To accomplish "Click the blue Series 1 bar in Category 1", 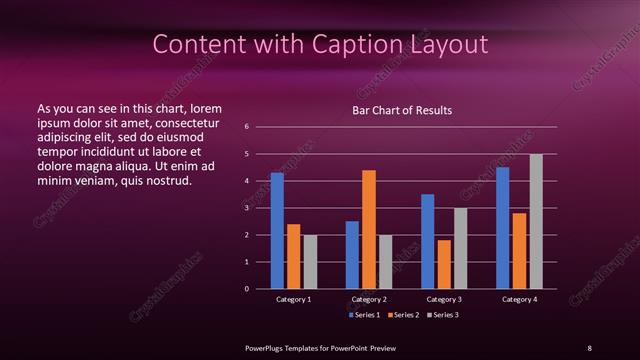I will (x=277, y=231).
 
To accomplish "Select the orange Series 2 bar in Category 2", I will (x=369, y=229).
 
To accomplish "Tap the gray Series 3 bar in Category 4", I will (x=536, y=221).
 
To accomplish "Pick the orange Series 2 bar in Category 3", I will (x=444, y=264).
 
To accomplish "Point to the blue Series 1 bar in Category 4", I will (x=503, y=228).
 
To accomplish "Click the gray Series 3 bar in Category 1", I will (x=310, y=262).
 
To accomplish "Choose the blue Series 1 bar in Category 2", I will (x=352, y=255).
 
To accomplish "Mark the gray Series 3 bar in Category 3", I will (x=460, y=248).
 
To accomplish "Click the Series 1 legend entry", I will (x=363, y=315).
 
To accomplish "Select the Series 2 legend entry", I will (x=403, y=315).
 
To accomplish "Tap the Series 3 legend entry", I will (x=442, y=315).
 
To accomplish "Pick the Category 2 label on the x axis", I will (x=369, y=299).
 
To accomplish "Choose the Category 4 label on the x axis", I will (x=519, y=299).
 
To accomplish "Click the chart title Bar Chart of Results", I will (x=402, y=110).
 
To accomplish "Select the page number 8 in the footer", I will (x=589, y=347).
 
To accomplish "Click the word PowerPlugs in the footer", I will (x=267, y=347).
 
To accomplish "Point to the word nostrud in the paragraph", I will (x=168, y=181).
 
